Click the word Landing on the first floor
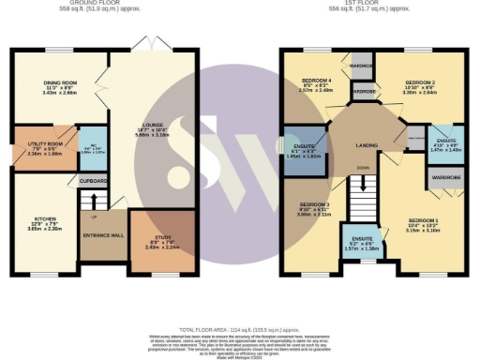367,145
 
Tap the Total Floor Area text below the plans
239,320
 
